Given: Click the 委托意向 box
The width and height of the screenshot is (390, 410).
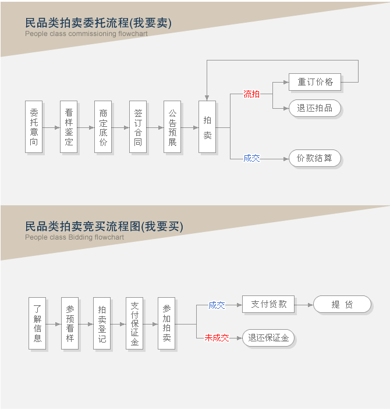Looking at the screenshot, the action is tap(34, 127).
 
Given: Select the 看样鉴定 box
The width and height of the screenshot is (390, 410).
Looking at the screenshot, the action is tap(69, 127).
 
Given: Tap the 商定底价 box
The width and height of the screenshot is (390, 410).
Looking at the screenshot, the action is tap(103, 127).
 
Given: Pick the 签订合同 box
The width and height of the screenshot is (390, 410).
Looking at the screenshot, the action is tap(138, 127).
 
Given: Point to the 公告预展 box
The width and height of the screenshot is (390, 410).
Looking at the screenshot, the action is tap(172, 127).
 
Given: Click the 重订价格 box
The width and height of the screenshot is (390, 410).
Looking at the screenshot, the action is tap(315, 82).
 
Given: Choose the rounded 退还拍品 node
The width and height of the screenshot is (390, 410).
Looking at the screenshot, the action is tap(315, 108).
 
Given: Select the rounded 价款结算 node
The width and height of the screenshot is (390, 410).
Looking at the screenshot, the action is tap(315, 158).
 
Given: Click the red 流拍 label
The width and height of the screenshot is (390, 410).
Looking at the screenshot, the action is tap(251, 94).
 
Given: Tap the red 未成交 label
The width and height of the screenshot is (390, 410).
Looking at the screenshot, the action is tap(217, 338).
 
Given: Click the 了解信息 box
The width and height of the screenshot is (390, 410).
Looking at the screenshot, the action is tap(37, 323).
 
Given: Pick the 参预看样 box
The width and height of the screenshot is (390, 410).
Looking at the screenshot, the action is tap(70, 323).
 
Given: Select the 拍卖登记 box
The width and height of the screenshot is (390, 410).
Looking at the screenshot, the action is tap(102, 323).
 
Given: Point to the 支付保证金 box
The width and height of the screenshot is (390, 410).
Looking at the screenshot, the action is tap(134, 323).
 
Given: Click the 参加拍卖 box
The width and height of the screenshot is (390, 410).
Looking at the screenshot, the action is tap(166, 323).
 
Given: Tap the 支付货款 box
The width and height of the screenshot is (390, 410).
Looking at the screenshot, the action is tap(268, 304).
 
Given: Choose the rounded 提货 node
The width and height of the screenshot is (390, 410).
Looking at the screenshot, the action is tap(342, 304).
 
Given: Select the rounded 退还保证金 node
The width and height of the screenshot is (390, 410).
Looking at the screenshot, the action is tap(268, 338).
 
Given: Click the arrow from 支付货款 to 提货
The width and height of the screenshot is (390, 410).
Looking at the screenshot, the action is tap(304, 305).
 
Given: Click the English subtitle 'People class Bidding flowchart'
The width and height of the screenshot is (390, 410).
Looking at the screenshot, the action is tap(75, 237).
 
